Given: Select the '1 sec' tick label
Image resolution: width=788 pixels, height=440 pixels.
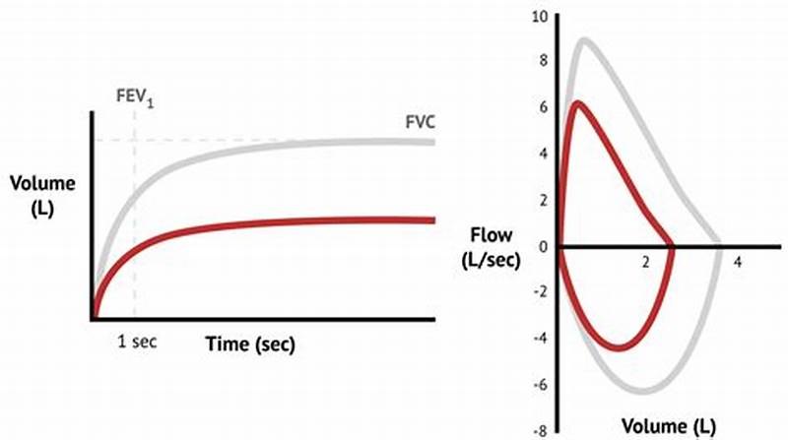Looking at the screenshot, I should (x=136, y=342).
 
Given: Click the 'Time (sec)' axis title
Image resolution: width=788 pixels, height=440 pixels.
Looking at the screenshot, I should (x=250, y=345).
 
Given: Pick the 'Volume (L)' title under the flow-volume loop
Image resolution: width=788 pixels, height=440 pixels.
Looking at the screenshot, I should (x=669, y=426).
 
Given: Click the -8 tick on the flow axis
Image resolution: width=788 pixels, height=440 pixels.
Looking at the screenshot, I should (x=540, y=430).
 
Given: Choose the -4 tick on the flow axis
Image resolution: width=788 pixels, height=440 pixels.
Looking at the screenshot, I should (x=540, y=339).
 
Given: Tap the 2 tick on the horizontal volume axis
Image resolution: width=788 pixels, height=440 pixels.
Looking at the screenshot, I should (x=645, y=264).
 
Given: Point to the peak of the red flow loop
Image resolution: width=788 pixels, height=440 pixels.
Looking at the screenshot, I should (x=578, y=102).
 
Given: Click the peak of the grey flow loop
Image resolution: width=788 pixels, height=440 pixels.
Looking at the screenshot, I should (x=586, y=40).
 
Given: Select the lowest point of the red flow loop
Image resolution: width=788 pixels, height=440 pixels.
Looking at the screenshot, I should (x=618, y=347).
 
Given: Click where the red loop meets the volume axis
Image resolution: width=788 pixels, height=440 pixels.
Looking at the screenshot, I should (x=674, y=245).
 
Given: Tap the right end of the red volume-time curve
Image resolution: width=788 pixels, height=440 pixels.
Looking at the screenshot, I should (x=433, y=220).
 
